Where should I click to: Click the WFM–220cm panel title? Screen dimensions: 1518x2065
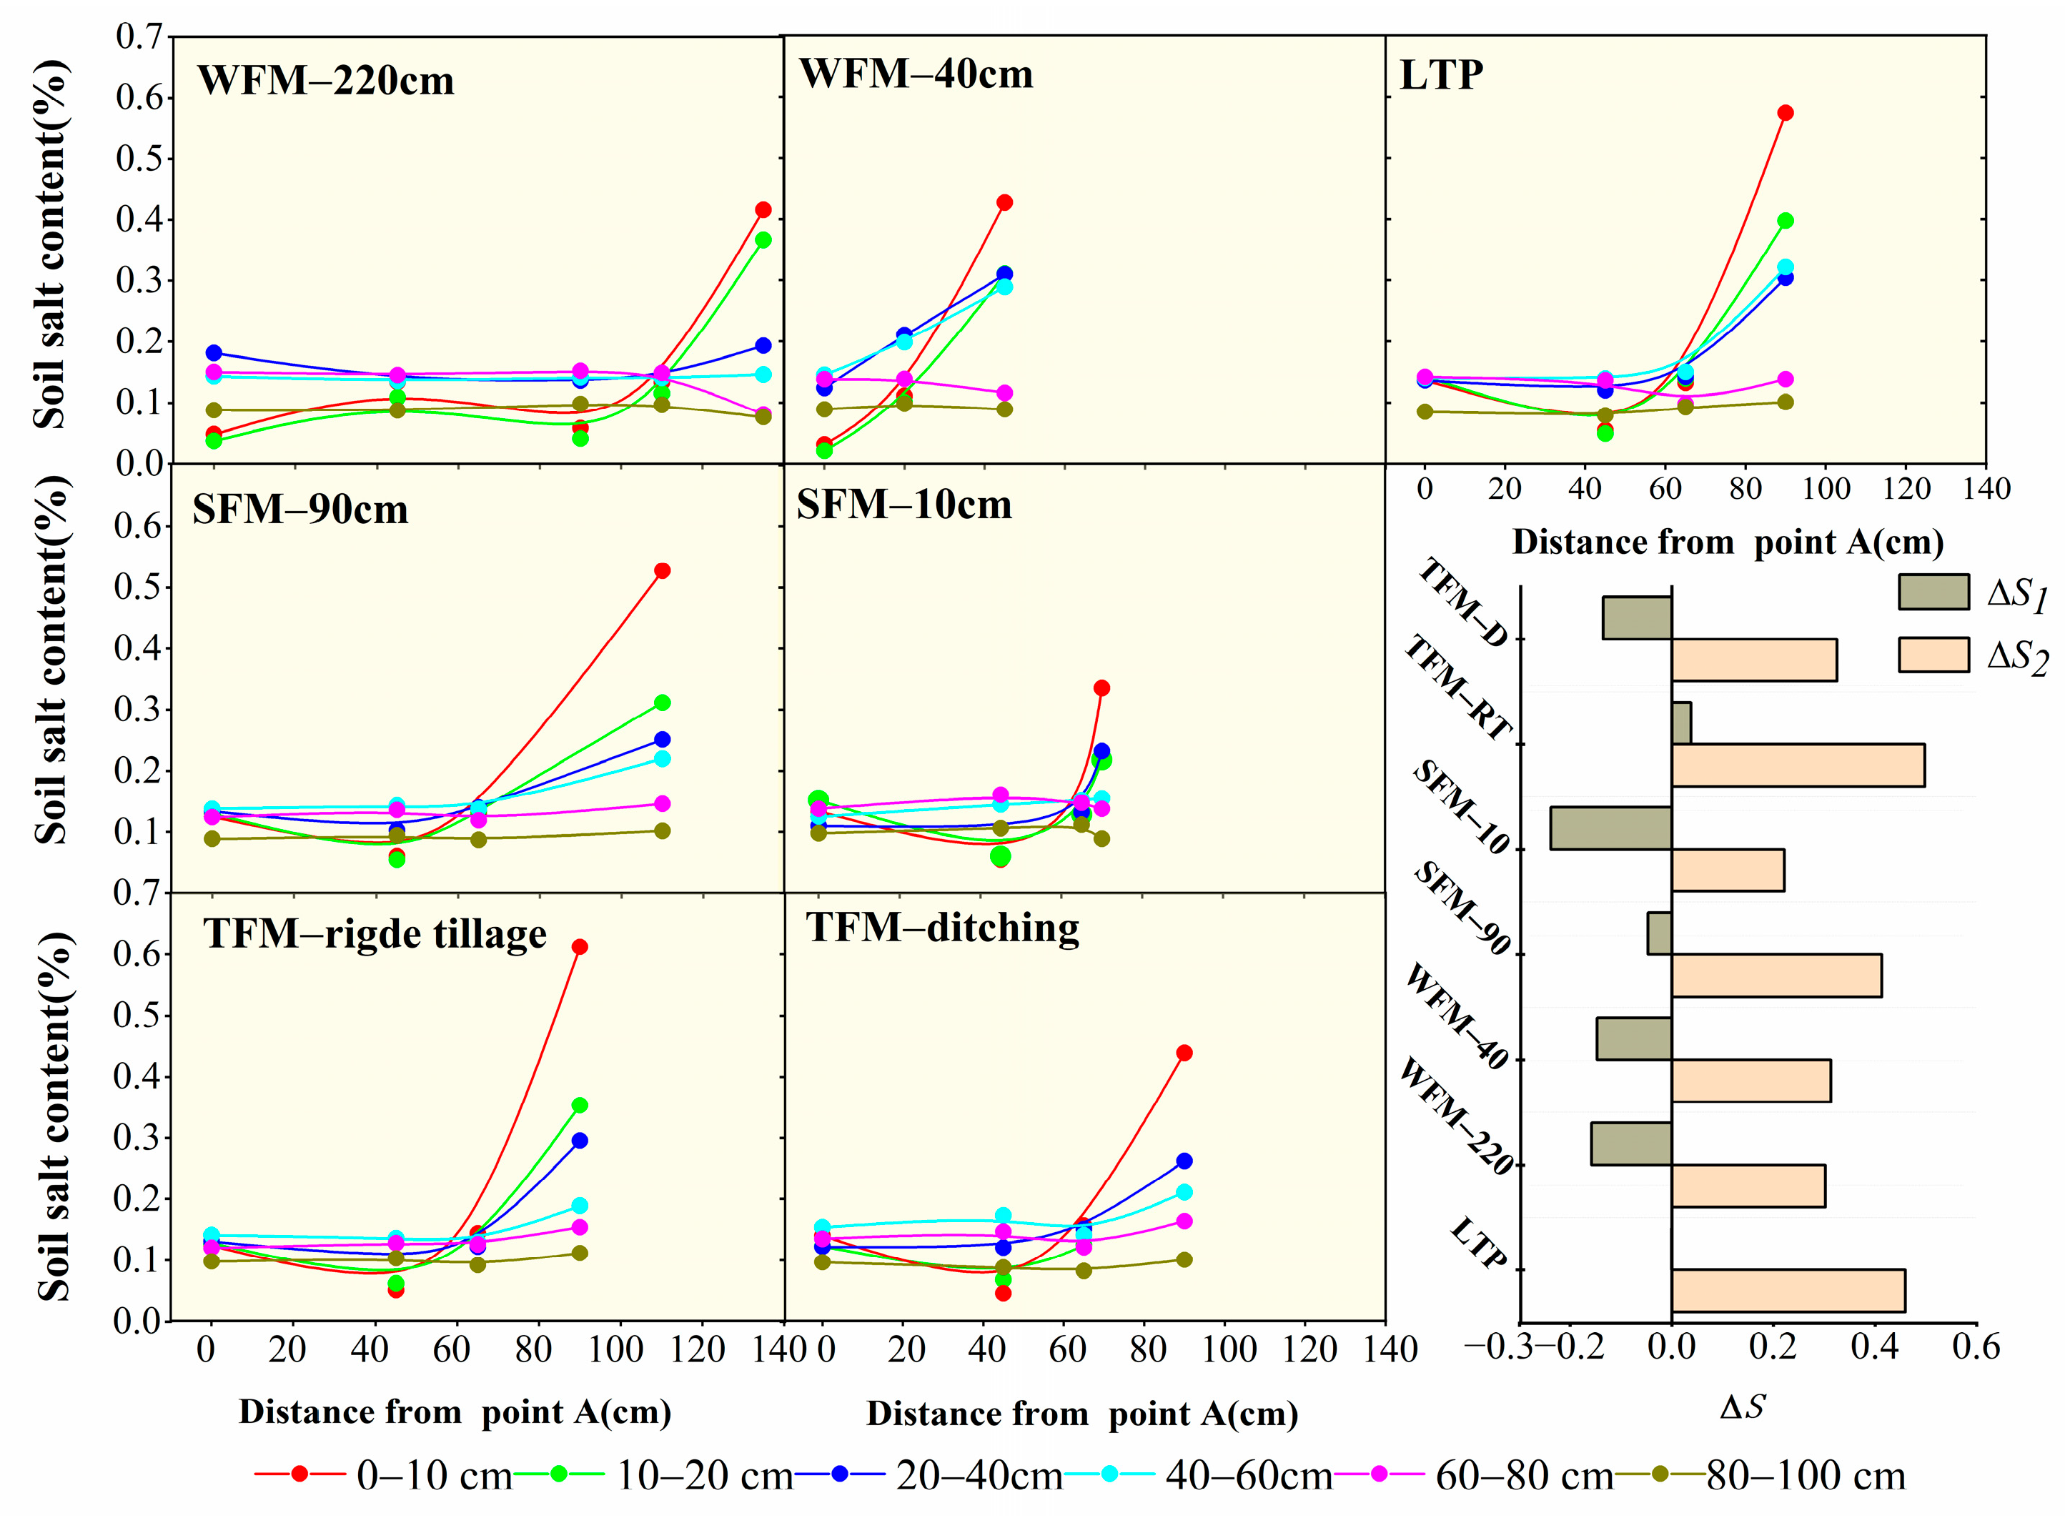(325, 81)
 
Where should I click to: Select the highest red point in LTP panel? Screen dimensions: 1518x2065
(1785, 113)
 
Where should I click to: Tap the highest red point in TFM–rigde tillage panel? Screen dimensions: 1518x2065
(579, 946)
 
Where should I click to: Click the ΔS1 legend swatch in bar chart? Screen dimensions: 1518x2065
(1933, 592)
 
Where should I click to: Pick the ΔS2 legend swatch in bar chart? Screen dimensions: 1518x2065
(1933, 654)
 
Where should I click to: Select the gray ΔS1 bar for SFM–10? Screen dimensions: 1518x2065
(1610, 827)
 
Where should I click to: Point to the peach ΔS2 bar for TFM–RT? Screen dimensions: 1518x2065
(1797, 765)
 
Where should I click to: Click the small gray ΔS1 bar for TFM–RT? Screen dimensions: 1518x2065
(1681, 723)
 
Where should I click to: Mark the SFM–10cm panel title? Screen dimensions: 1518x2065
(903, 505)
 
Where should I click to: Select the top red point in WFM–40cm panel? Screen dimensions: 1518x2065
(1004, 202)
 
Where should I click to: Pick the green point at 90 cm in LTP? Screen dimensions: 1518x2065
(1785, 221)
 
